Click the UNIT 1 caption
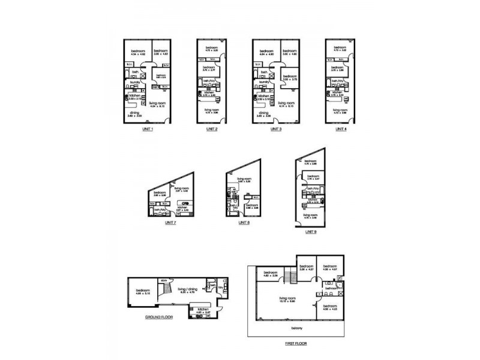(148, 129)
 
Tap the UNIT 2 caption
(211, 129)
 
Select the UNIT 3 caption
(276, 129)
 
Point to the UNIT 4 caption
(340, 129)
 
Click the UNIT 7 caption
(170, 222)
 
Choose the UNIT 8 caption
(244, 223)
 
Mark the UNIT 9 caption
(311, 232)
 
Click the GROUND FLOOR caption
(159, 317)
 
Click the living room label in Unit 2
(211, 110)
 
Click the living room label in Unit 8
(244, 179)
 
